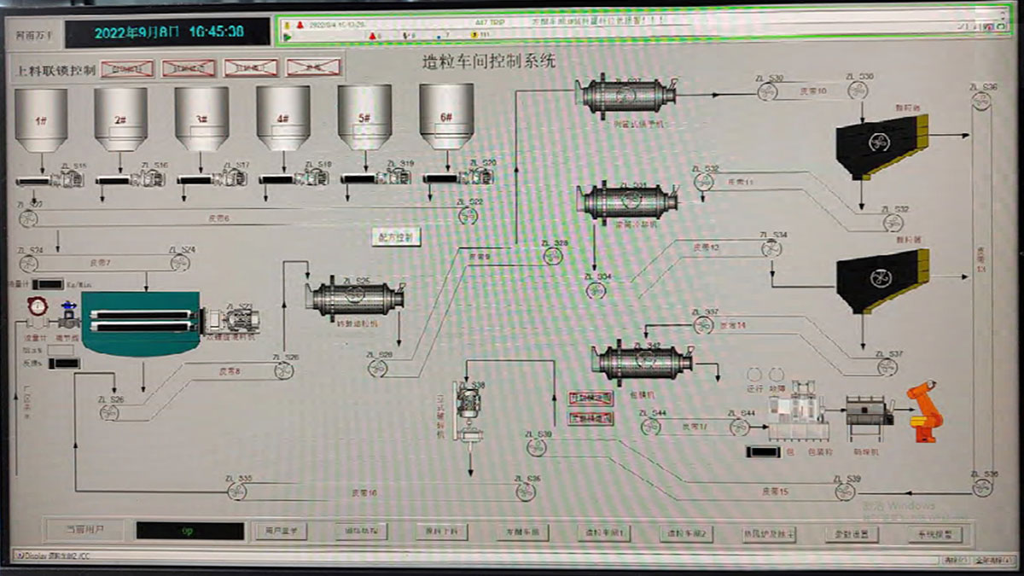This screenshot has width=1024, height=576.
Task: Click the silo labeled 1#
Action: click(40, 119)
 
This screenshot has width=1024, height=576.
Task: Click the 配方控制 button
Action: click(397, 236)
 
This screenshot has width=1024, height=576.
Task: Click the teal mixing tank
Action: click(141, 323)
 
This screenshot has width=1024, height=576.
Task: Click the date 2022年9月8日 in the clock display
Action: click(137, 32)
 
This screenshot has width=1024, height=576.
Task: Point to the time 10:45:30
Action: click(216, 32)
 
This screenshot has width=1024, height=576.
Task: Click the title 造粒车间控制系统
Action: click(489, 61)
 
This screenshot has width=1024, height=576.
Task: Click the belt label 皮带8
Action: click(230, 370)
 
